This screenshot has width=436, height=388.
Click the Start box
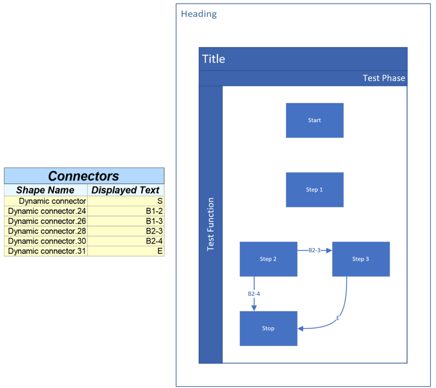(314, 120)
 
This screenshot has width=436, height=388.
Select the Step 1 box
(314, 190)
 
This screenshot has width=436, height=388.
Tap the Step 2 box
(268, 259)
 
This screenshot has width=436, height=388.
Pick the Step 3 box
(361, 259)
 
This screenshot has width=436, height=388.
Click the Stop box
(268, 328)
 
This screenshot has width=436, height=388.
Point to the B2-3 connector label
(314, 250)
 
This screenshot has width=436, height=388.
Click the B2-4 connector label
(254, 293)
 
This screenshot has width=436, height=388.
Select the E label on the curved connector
(338, 318)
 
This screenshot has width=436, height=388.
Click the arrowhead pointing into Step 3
(329, 251)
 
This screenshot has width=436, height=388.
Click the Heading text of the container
(199, 14)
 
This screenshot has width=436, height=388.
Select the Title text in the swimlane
(214, 59)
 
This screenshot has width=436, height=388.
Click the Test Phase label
(384, 78)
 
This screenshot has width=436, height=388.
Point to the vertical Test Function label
(210, 224)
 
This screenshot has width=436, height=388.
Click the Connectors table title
(84, 176)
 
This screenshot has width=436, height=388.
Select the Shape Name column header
(46, 190)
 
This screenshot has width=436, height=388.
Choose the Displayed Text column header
(126, 190)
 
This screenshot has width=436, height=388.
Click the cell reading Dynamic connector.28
(47, 231)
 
